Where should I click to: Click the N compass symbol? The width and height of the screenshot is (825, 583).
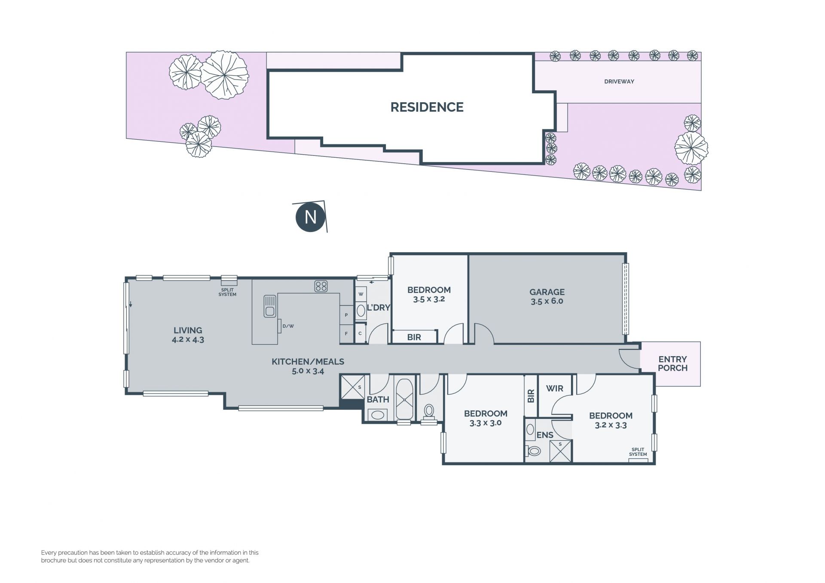pyautogui.click(x=310, y=217)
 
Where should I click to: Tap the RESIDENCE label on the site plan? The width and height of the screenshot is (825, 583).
pyautogui.click(x=427, y=107)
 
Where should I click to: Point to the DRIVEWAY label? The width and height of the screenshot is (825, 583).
pyautogui.click(x=619, y=82)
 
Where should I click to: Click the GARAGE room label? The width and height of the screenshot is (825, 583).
pyautogui.click(x=547, y=292)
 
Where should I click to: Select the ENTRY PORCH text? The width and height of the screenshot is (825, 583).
pyautogui.click(x=672, y=363)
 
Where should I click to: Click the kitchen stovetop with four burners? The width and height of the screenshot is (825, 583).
pyautogui.click(x=321, y=286)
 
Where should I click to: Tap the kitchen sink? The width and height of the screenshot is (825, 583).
pyautogui.click(x=269, y=306)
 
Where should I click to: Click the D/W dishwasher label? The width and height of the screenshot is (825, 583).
pyautogui.click(x=288, y=326)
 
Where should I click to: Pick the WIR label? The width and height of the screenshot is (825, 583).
pyautogui.click(x=554, y=388)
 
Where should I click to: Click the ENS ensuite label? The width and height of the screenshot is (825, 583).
pyautogui.click(x=545, y=435)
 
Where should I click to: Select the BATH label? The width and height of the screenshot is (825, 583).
pyautogui.click(x=378, y=400)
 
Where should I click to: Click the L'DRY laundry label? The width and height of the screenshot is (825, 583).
pyautogui.click(x=378, y=308)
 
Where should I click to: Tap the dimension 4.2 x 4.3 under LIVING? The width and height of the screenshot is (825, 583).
pyautogui.click(x=188, y=339)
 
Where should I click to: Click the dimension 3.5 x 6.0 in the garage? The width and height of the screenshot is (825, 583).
pyautogui.click(x=547, y=301)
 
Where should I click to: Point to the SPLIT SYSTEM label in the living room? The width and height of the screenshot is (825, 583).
pyautogui.click(x=227, y=292)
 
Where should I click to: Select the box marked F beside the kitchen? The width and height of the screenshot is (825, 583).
pyautogui.click(x=346, y=333)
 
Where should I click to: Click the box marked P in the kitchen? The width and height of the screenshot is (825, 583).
pyautogui.click(x=346, y=315)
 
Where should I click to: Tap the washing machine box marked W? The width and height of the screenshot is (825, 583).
pyautogui.click(x=361, y=294)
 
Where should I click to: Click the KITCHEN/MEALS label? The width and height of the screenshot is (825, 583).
pyautogui.click(x=308, y=362)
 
